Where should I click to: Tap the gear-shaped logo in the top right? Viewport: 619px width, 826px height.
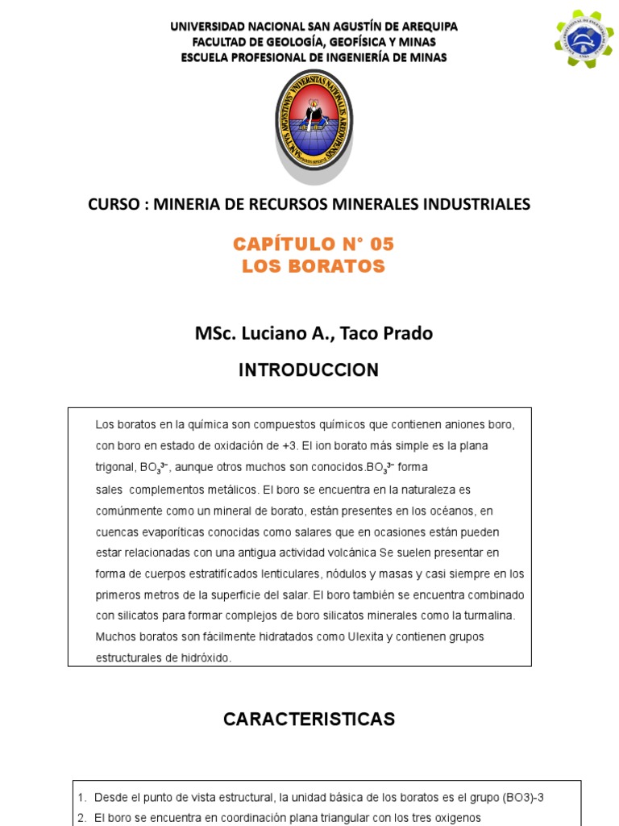coord(584,39)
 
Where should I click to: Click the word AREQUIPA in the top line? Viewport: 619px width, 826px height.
coord(426,26)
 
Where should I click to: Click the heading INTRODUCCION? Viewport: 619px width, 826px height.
coord(309,370)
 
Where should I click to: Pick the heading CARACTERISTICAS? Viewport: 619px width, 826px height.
coord(309,720)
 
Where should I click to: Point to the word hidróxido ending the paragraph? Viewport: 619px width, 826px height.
coord(204,657)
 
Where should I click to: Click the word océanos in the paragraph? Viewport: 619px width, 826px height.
coord(452,511)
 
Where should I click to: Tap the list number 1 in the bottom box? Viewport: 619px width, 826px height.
coord(82,797)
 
